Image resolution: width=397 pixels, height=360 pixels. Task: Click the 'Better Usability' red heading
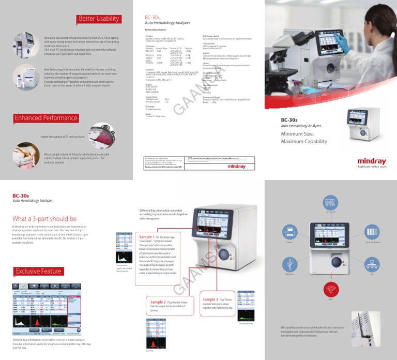98,19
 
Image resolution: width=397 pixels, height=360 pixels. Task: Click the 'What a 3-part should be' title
44,219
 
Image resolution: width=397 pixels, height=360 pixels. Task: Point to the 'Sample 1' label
147,237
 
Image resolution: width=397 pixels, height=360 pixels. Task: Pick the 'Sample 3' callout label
210,299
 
